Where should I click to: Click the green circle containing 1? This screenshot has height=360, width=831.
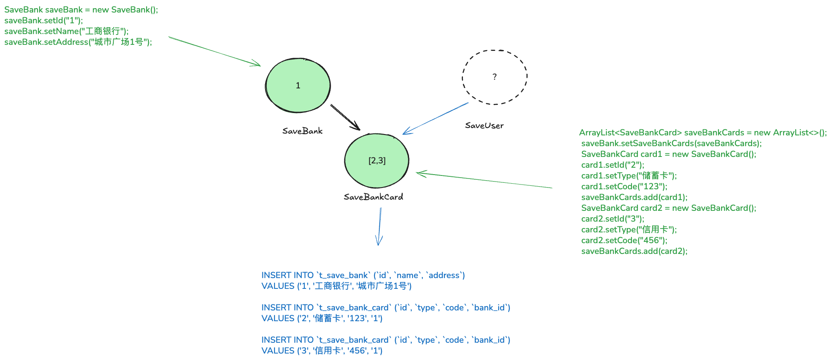point(298,85)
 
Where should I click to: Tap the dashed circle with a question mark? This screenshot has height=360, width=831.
point(494,77)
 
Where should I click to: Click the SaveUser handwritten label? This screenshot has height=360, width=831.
point(484,125)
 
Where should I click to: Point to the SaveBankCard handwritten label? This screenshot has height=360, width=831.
point(373,197)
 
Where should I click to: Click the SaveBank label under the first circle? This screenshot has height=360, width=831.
point(302,131)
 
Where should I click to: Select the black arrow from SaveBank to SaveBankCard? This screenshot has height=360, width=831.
point(345,117)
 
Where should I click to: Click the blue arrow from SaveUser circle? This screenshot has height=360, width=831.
point(435,119)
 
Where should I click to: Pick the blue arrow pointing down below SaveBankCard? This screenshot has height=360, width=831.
point(380,226)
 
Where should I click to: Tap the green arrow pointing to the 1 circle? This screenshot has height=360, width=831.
point(215,51)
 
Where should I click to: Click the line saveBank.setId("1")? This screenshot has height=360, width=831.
point(44,20)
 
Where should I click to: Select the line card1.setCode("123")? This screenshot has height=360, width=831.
point(624,186)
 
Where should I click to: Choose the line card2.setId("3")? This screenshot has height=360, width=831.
point(612,219)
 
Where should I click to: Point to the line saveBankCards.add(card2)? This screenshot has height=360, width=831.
point(634,251)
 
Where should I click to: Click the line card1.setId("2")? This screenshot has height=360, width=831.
point(612,165)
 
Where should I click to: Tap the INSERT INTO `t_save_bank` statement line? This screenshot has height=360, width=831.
point(363,275)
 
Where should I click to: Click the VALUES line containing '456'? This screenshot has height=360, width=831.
point(322,351)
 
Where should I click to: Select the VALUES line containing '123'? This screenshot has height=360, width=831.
point(322,318)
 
